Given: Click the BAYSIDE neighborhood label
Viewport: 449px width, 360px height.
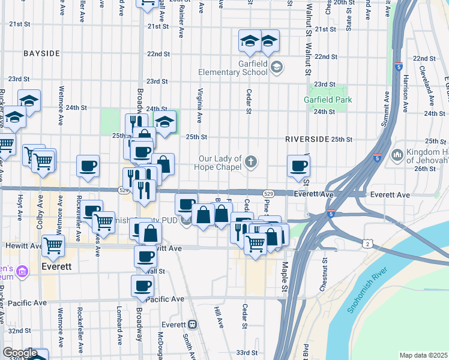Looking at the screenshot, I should click(x=41, y=53).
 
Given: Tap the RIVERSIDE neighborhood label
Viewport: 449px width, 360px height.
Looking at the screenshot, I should click(x=307, y=139).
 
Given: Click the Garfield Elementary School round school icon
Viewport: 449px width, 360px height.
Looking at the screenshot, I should click(x=276, y=67).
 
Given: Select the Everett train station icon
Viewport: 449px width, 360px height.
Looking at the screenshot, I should click(x=193, y=324).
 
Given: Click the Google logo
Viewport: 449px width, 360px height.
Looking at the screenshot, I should click(x=20, y=353).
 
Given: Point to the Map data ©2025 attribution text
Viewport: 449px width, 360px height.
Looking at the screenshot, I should click(x=424, y=355).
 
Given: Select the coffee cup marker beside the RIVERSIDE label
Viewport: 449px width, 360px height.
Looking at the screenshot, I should click(x=298, y=166).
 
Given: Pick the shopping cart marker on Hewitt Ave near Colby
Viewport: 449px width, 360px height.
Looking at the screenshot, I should click(x=53, y=245).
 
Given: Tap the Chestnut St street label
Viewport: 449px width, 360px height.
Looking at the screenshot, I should click(x=325, y=271).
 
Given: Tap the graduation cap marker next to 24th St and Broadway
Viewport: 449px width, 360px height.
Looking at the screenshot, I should click(x=164, y=121).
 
